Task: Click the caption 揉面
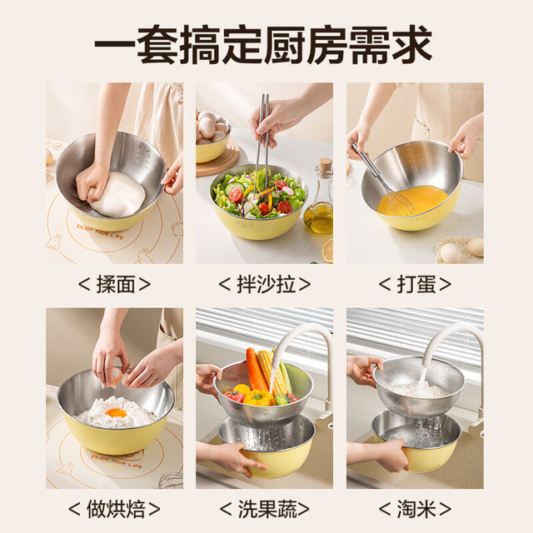(115, 284)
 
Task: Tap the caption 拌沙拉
(266, 284)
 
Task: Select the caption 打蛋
(416, 284)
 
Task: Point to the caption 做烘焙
(116, 509)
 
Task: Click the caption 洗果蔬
(266, 509)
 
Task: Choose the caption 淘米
(416, 509)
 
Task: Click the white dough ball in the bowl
(117, 194)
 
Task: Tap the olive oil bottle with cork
(319, 197)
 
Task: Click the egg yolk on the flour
(116, 413)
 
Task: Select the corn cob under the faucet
(272, 372)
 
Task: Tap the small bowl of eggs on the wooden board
(213, 137)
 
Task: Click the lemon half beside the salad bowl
(327, 251)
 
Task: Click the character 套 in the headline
(157, 44)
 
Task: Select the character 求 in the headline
(411, 44)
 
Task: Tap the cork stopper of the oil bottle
(326, 163)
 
